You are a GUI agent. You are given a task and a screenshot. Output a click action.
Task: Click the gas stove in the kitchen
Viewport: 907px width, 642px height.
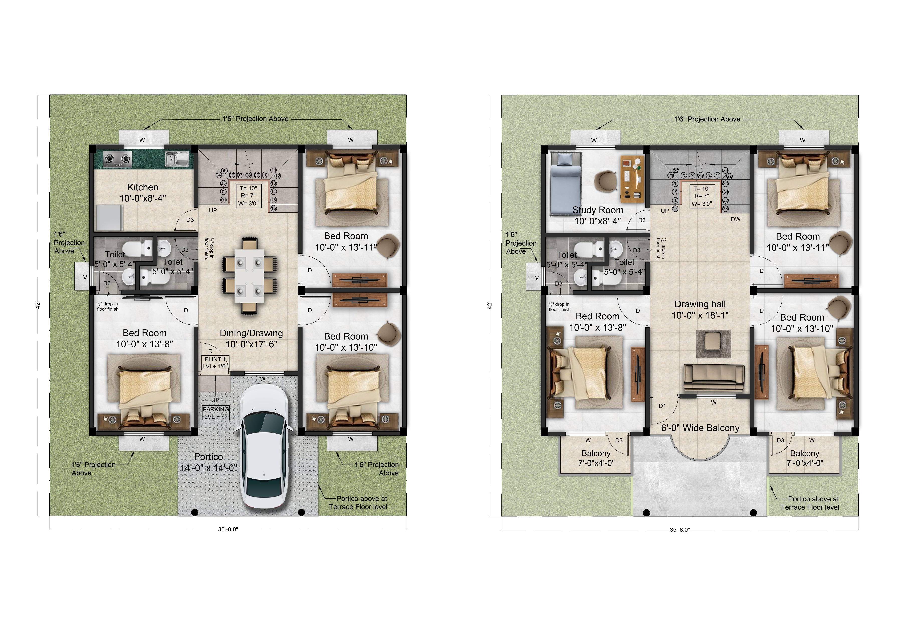point(117,159)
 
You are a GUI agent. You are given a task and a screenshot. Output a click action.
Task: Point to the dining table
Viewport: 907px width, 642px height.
point(249,276)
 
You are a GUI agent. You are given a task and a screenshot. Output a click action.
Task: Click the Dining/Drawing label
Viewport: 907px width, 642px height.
point(251,338)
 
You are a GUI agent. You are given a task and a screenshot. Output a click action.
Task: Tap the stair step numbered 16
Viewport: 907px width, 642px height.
point(273,208)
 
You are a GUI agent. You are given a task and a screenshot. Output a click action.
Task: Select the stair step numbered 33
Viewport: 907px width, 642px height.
point(725,209)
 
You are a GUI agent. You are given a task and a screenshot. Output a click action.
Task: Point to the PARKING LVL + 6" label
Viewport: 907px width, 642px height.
point(216,413)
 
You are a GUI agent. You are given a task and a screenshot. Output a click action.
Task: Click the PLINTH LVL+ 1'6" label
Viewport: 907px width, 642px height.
point(215,363)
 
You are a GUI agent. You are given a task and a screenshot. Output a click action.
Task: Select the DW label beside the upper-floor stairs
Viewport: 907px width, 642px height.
point(736,219)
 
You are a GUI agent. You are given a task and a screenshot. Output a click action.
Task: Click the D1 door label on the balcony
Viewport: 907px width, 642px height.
point(662,406)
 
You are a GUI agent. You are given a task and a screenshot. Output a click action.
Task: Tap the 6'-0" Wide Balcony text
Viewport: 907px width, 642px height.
point(700,428)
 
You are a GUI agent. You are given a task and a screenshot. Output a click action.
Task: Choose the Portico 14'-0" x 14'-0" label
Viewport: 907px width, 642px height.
point(208,462)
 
